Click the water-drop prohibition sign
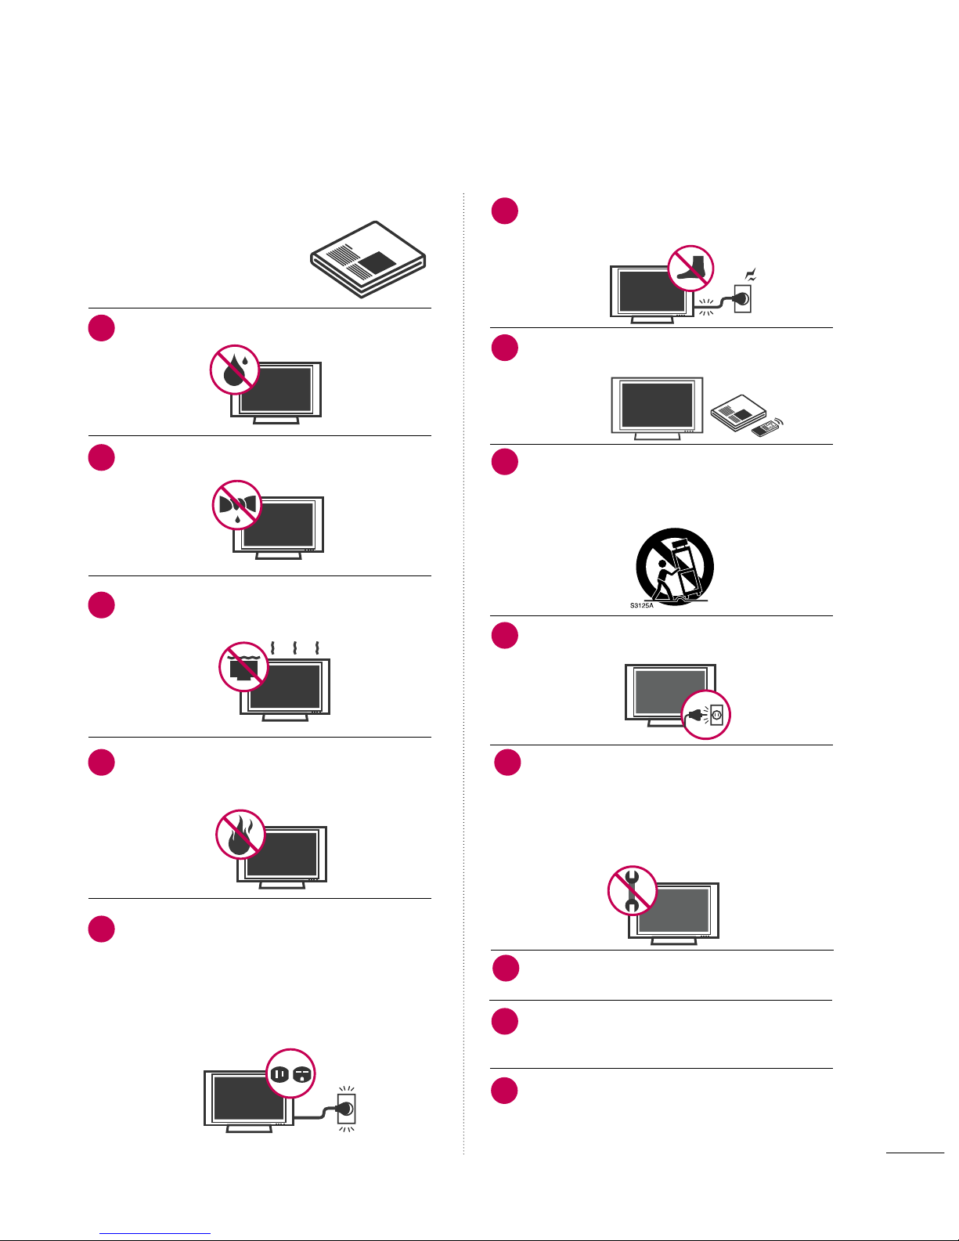coord(235,370)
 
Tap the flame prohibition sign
coord(240,834)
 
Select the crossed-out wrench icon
coord(633,890)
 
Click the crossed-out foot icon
coord(691,269)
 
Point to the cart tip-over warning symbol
coord(675,566)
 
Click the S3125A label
coord(642,605)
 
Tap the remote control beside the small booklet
coord(766,427)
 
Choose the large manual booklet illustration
coord(368,259)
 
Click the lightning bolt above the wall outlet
coord(751,275)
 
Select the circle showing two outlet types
coord(290,1073)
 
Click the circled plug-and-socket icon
coord(706,714)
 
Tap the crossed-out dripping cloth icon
coord(237,505)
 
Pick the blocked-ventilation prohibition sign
coord(243,666)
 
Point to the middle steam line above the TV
coord(294,648)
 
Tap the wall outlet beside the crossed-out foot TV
coord(743,298)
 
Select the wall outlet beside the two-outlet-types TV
coord(347,1109)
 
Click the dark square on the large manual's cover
coord(377,262)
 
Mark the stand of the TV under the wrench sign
coord(673,941)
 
